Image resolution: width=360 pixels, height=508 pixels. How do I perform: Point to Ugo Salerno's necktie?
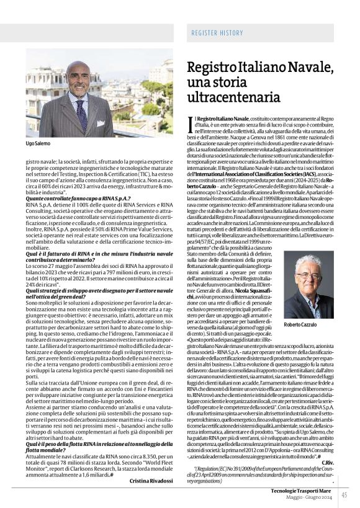(x=81, y=114)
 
